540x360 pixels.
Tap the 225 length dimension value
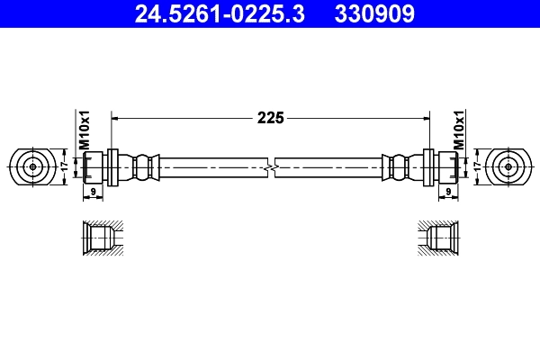[270, 117]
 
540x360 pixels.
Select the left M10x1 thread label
[83, 130]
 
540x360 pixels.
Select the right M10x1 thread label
[457, 130]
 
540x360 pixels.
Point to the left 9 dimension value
[94, 192]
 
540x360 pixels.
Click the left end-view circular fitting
[33, 166]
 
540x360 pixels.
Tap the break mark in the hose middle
[270, 166]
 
